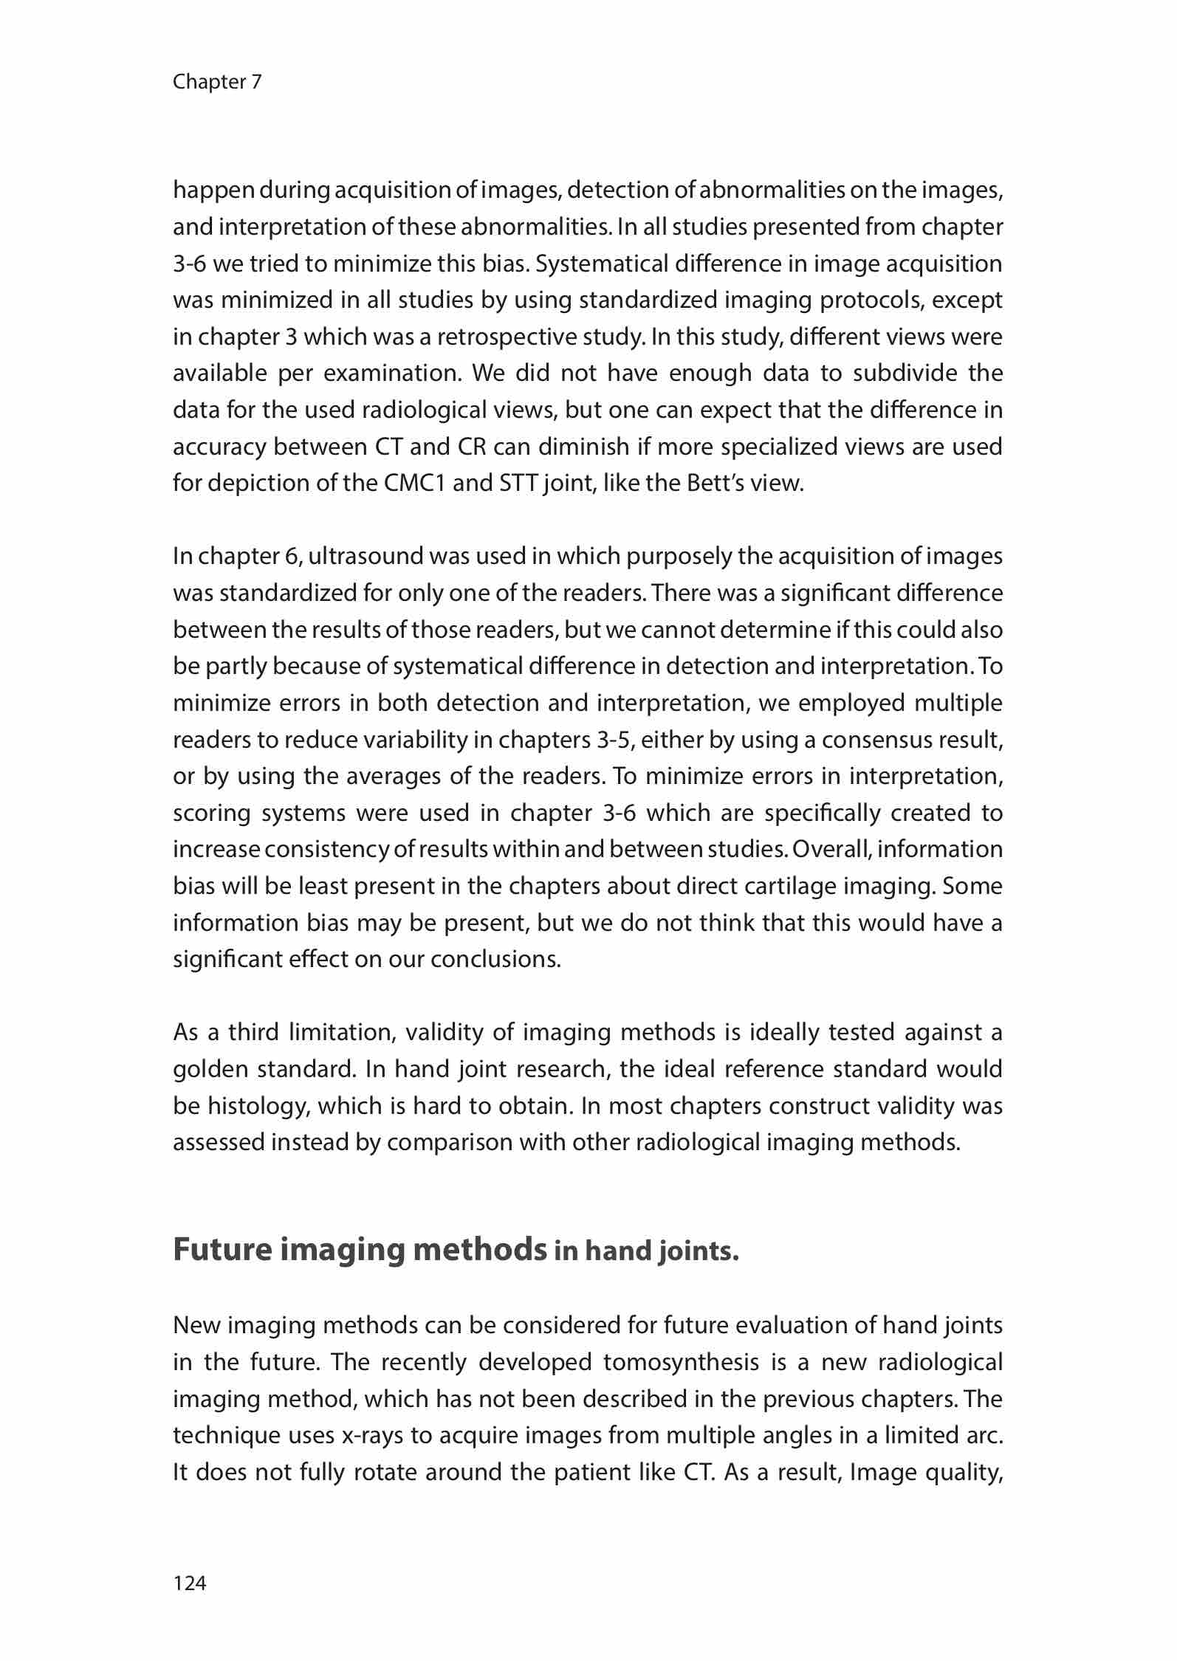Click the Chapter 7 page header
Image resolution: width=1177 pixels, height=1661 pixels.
(x=217, y=82)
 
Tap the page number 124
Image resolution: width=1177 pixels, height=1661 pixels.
(x=190, y=1582)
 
